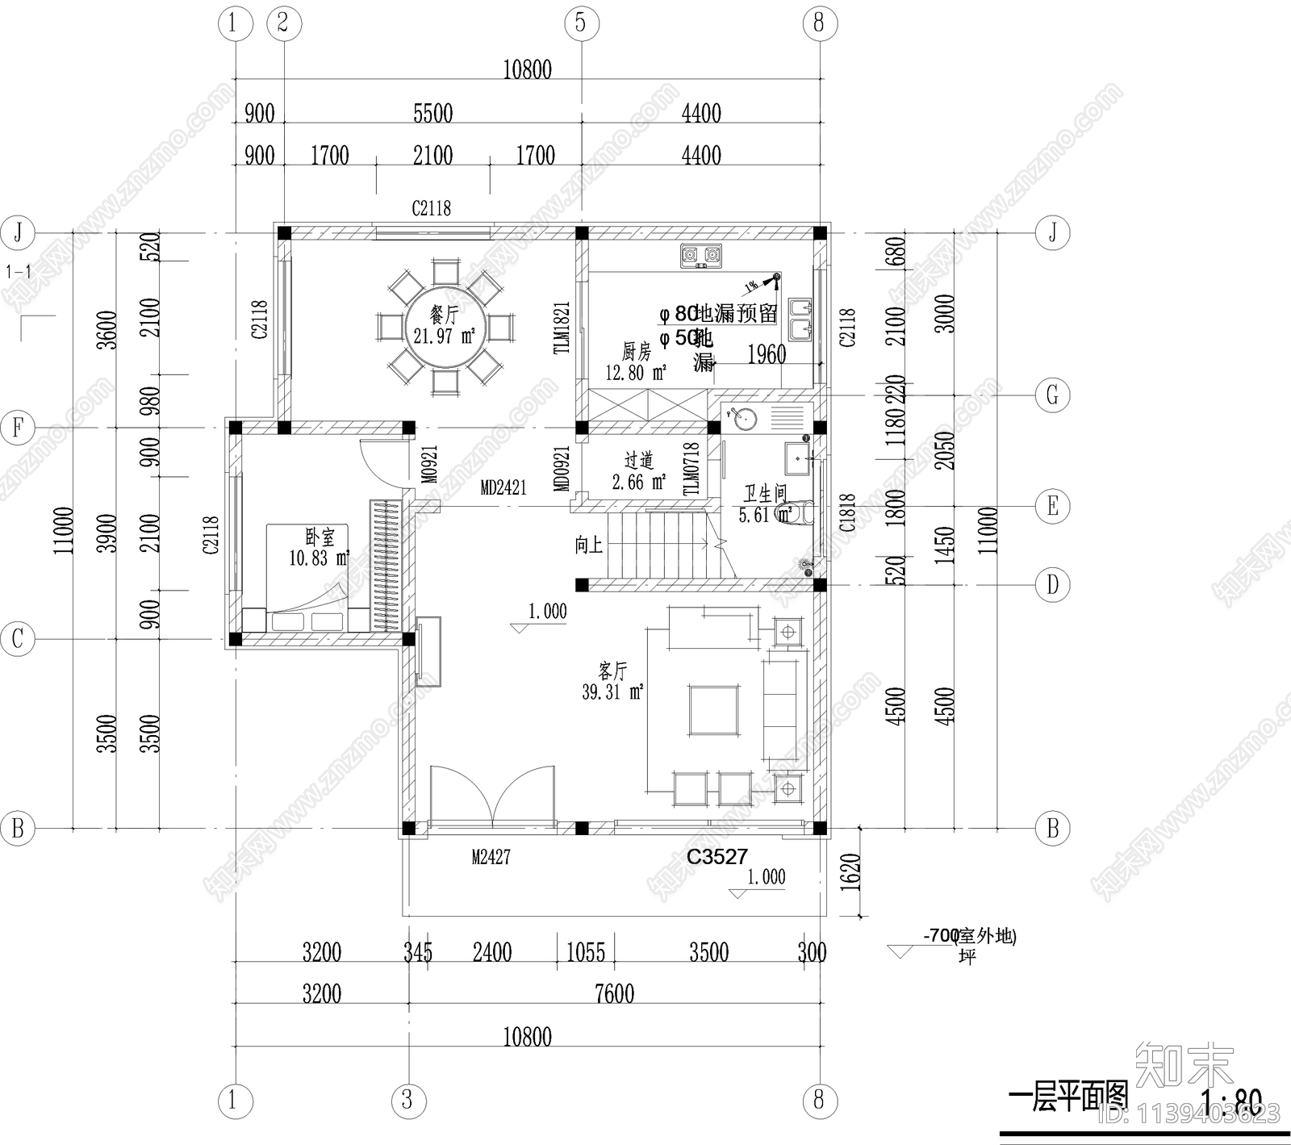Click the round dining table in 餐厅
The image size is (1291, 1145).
pos(444,326)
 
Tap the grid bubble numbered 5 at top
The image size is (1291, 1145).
pos(580,23)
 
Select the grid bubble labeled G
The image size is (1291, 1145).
pos(1052,395)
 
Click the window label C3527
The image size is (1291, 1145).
pos(717,857)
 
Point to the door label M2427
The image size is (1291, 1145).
pos(491,858)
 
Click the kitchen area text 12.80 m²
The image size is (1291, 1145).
pos(636,373)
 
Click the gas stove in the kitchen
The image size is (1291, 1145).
pos(700,257)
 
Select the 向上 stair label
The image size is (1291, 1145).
pos(589,545)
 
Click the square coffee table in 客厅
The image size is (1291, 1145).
pos(713,709)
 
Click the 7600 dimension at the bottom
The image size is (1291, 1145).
pos(614,994)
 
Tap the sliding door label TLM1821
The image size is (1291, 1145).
pos(562,328)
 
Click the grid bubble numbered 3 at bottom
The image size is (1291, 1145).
pos(407,1100)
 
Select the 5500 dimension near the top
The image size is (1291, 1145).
pos(432,114)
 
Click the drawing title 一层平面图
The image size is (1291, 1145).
pos(1067,1097)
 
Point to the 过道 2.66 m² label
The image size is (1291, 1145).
pos(638,471)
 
